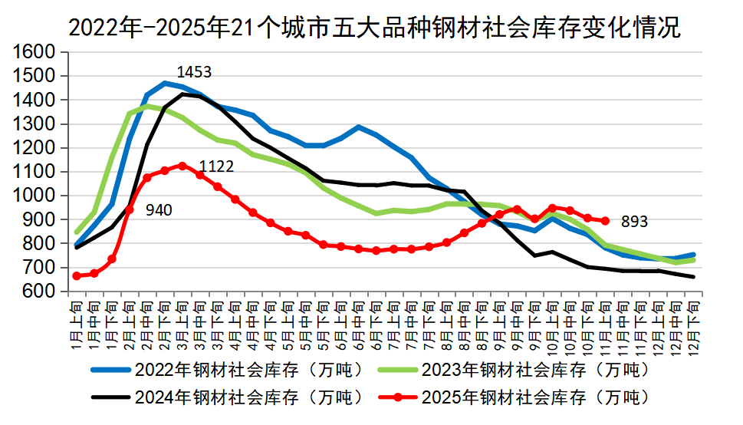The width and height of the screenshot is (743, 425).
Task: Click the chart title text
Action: [x=374, y=28]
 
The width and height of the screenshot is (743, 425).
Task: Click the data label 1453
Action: [x=194, y=72]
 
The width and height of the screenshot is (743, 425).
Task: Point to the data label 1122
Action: [x=216, y=166]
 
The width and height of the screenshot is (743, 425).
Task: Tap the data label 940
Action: [x=155, y=209]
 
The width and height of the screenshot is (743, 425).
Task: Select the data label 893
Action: [x=634, y=222]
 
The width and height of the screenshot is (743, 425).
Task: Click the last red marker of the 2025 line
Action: [x=606, y=221]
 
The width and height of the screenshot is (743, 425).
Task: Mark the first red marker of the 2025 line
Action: [x=77, y=275]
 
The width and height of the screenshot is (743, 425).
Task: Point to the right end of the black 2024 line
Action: [x=694, y=276]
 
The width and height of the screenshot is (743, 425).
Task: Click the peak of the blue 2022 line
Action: [x=165, y=83]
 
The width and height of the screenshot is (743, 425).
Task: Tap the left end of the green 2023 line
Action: [x=77, y=232]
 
